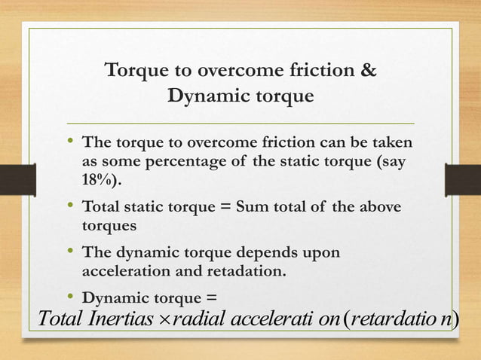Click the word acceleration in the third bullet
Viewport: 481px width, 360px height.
point(127,271)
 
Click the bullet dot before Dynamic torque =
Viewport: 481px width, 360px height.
point(69,296)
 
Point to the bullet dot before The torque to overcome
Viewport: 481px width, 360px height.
point(69,141)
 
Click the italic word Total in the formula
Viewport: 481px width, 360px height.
point(59,321)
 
